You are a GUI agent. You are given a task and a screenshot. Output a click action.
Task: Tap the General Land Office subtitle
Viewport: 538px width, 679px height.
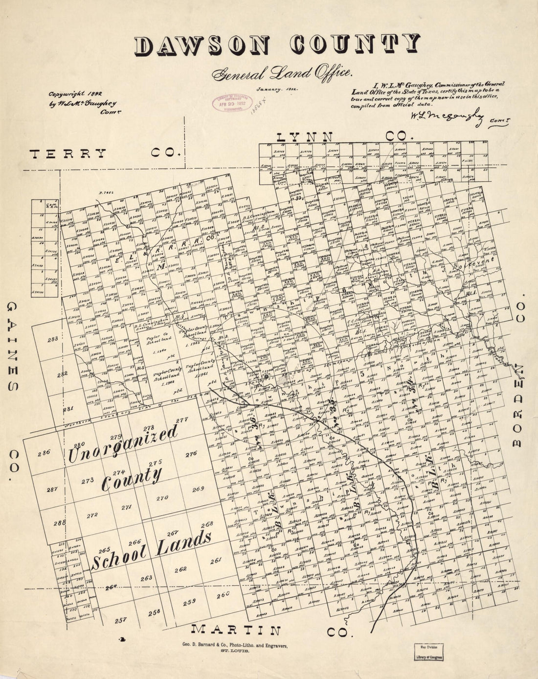point(281,72)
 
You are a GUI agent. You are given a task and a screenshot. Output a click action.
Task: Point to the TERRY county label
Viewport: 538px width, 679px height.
point(68,153)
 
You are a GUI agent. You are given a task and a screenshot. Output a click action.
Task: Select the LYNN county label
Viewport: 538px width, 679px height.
point(305,137)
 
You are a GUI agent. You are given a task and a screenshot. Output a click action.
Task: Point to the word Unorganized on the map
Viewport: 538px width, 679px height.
point(122,443)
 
